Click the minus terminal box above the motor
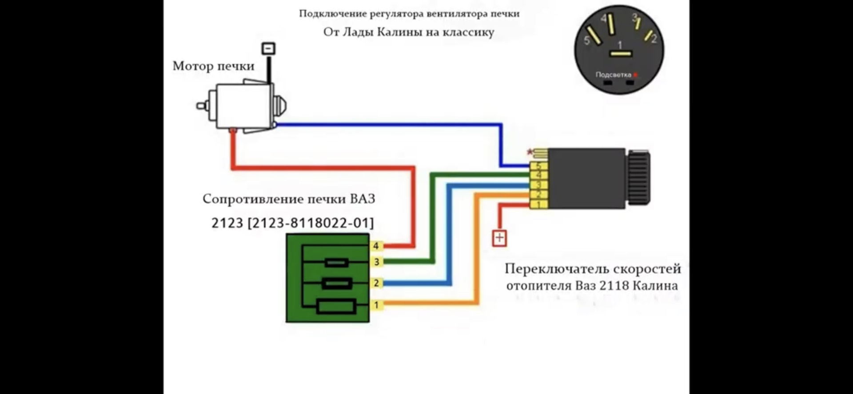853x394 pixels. click(x=268, y=48)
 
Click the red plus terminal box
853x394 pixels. click(x=499, y=238)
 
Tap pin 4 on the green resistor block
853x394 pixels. click(x=376, y=246)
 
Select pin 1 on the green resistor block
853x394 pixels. click(x=376, y=305)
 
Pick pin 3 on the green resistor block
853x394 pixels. click(x=376, y=262)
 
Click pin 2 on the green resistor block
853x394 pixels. click(x=376, y=283)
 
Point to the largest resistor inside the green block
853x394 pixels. click(x=337, y=306)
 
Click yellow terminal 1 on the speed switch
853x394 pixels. click(x=538, y=205)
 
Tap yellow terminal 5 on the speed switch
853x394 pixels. click(x=538, y=166)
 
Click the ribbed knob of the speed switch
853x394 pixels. click(x=639, y=178)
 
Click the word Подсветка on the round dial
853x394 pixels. click(x=613, y=75)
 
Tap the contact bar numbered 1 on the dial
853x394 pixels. click(x=620, y=54)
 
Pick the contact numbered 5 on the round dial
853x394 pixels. click(x=594, y=36)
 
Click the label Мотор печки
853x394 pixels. click(x=213, y=66)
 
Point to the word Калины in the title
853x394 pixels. click(x=400, y=32)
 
